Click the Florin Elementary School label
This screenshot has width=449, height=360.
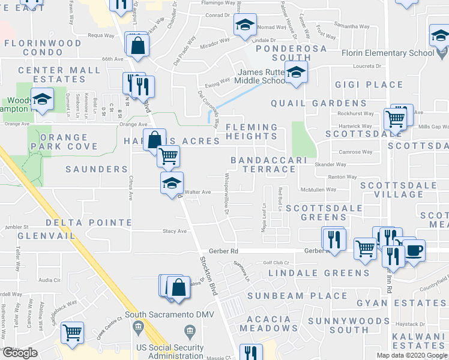[x=388, y=53]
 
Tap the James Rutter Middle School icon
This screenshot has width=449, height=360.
[x=296, y=73]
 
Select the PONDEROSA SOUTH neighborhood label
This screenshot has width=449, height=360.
[x=291, y=53]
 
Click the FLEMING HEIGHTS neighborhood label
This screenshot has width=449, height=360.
[x=252, y=131]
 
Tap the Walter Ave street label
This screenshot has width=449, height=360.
[x=198, y=192]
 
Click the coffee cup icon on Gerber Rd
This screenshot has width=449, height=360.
[x=414, y=250]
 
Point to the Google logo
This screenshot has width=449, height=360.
[x=20, y=353]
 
